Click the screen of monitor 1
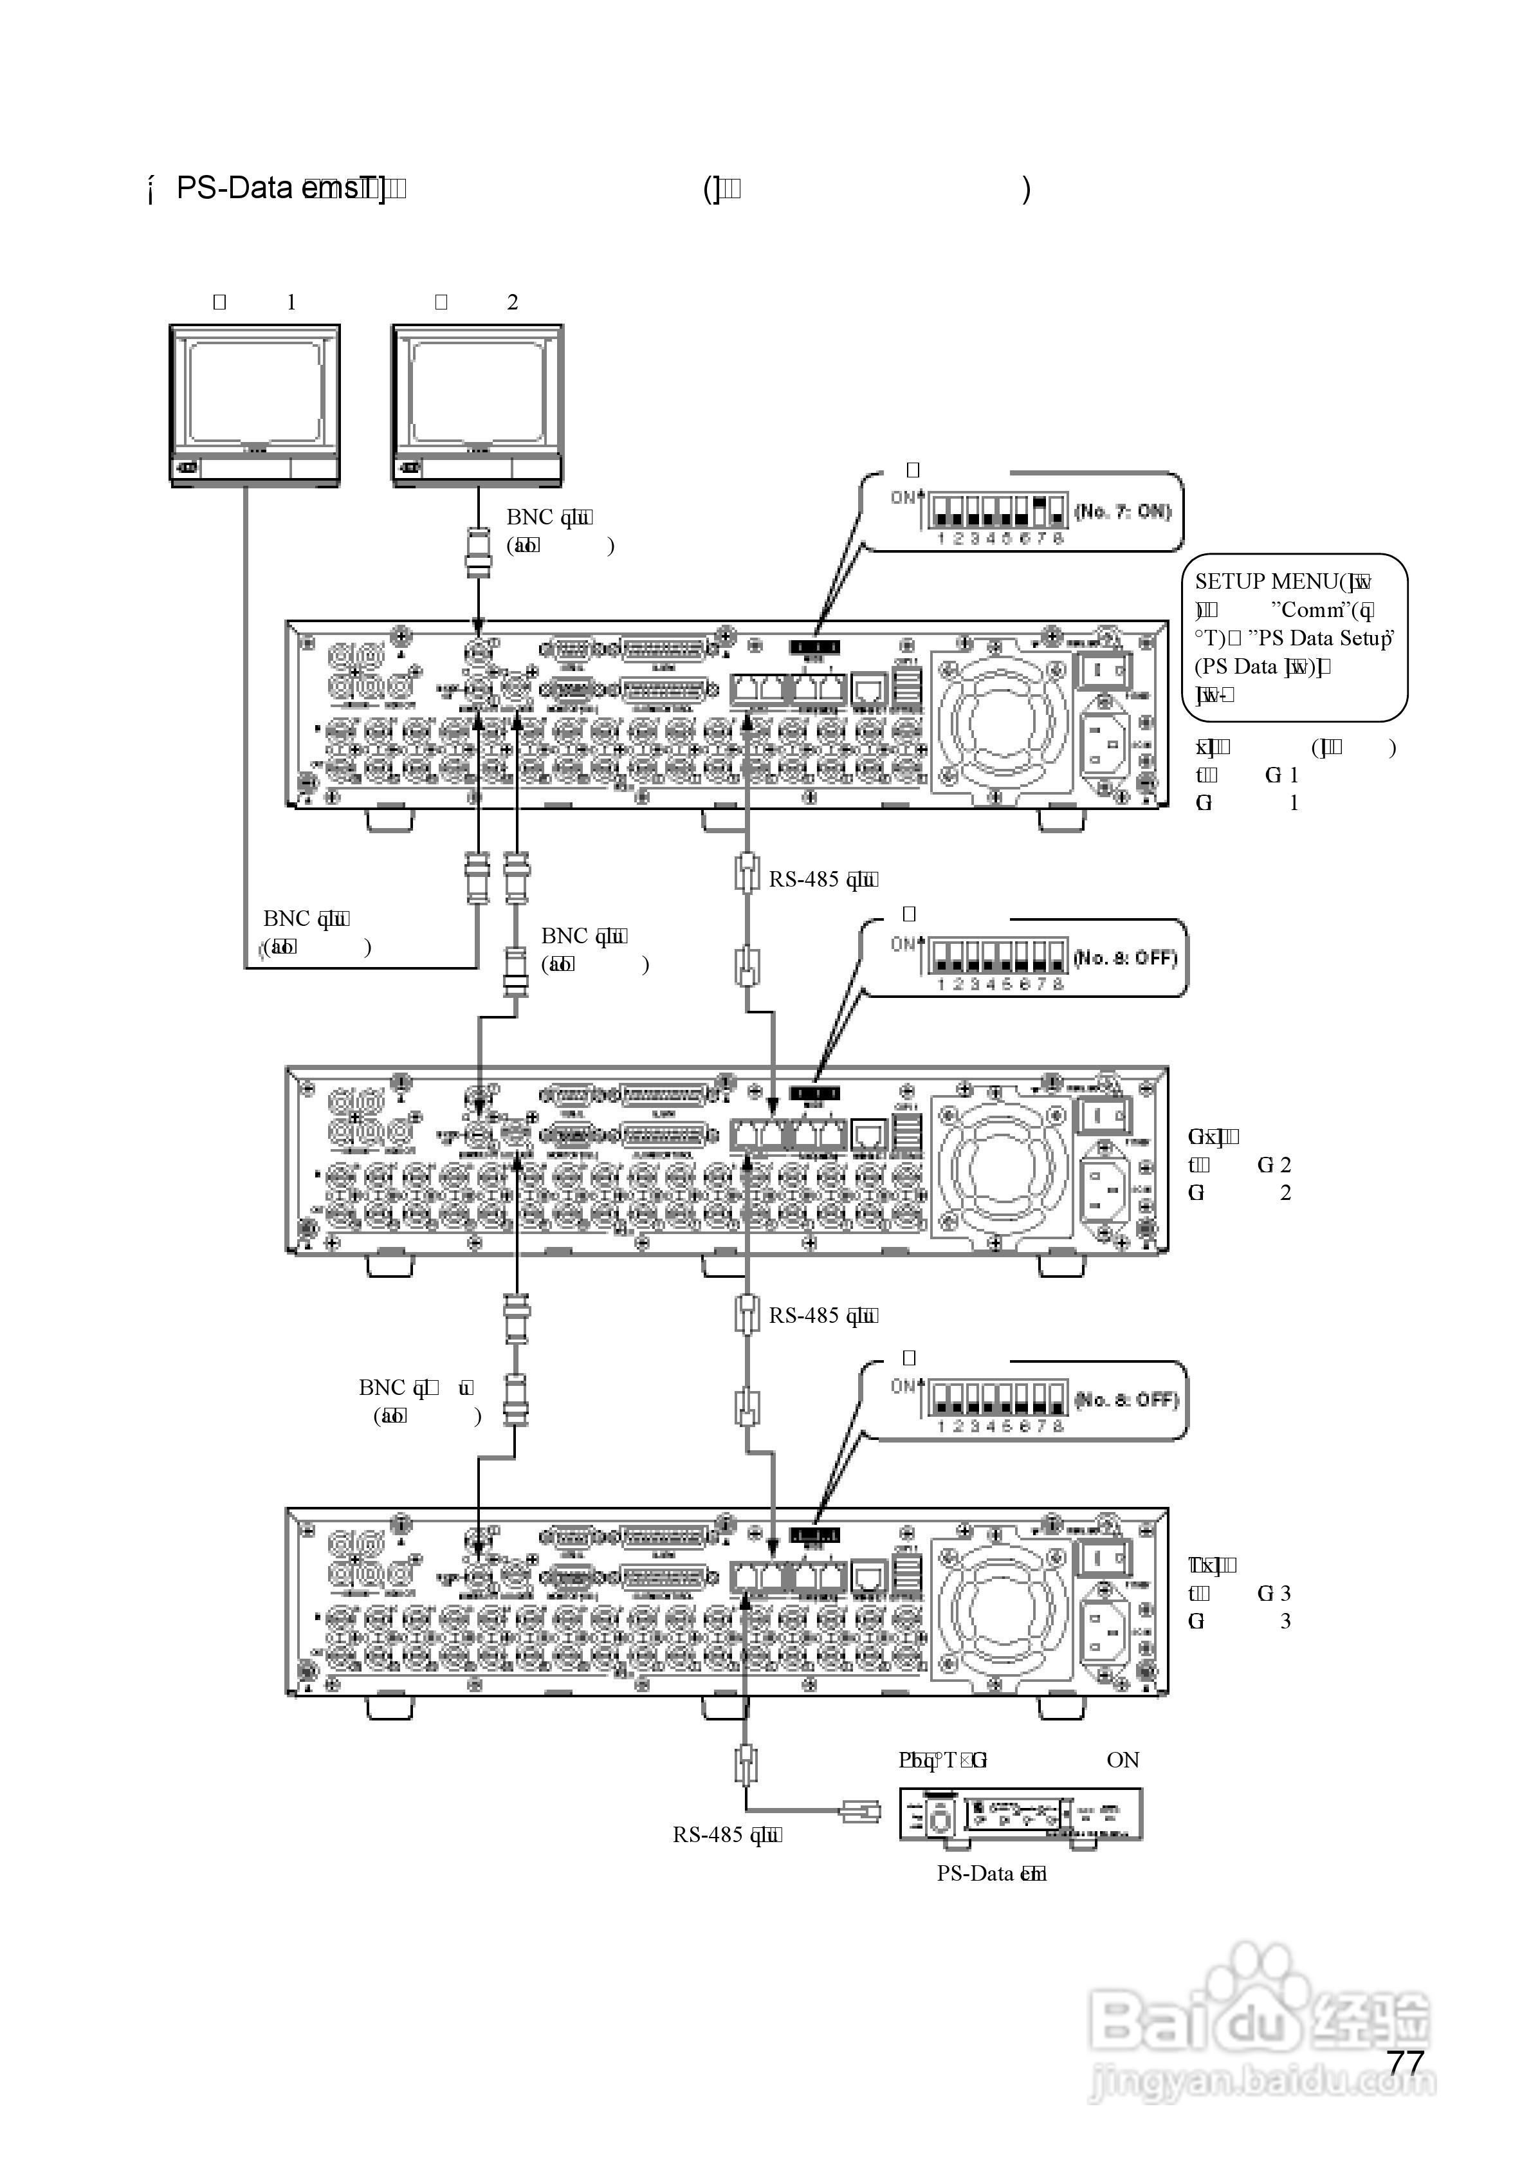(x=255, y=394)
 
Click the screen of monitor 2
(x=477, y=394)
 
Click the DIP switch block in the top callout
(x=998, y=511)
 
